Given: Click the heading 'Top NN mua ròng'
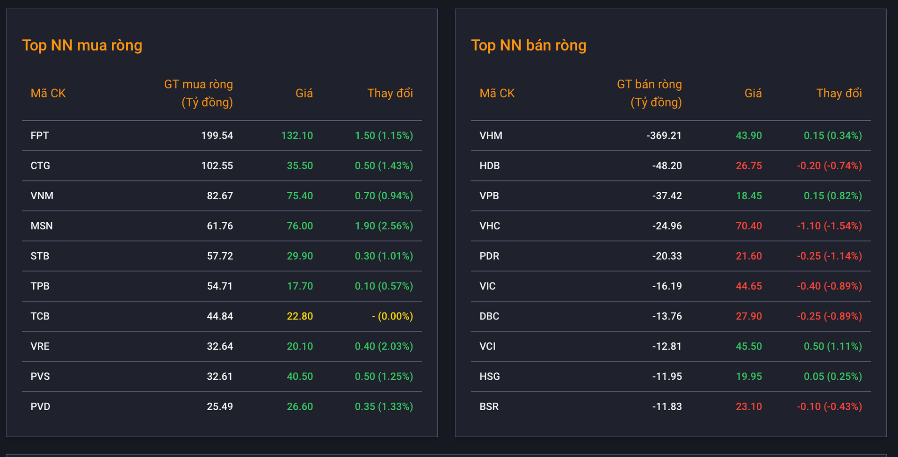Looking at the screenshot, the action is point(82,45).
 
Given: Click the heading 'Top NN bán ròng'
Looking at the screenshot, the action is point(529,45).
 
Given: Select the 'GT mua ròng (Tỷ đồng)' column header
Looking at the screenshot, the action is point(198,93).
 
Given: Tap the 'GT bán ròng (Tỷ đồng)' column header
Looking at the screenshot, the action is point(649,93).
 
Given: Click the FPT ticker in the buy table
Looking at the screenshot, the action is point(40,136).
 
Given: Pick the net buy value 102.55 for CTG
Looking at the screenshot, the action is point(217,166).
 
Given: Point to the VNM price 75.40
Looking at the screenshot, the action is point(300,196).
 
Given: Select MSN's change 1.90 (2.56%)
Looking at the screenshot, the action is point(384,226).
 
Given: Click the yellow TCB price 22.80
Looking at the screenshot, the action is point(300,316).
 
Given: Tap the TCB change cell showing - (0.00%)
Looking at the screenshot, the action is point(392,316).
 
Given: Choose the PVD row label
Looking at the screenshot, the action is point(40,406).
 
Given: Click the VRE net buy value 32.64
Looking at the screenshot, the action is point(220,346).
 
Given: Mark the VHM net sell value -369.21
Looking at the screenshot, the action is point(664,136).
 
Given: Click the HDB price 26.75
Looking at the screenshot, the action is point(749,166).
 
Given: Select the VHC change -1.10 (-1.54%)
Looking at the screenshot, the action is point(830,226).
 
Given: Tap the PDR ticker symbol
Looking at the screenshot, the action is point(489,256).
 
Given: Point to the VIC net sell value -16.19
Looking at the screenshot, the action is point(667,286).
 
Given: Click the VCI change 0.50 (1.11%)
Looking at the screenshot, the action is point(833,346).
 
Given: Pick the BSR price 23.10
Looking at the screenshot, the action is point(749,406).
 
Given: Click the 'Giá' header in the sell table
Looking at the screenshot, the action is point(753,93).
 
